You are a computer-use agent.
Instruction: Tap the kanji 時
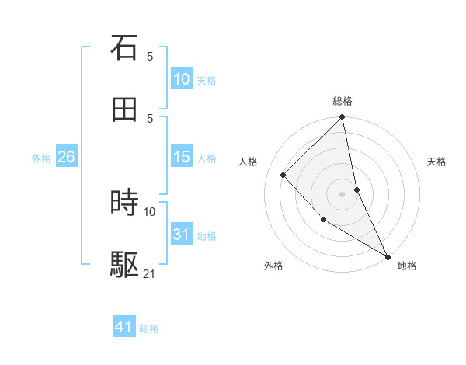[x=124, y=203]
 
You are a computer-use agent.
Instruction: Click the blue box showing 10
[x=181, y=79]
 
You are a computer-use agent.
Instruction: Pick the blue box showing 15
[x=181, y=157]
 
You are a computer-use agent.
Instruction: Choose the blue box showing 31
[x=181, y=234]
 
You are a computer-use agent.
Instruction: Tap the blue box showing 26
[x=66, y=157]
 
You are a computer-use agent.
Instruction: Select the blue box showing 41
[x=124, y=327]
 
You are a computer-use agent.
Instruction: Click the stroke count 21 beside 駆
[x=150, y=273]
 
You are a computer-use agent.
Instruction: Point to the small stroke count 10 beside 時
[x=150, y=211]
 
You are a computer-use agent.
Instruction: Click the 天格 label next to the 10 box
[x=207, y=80]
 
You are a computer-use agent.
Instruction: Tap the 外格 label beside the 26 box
[x=41, y=158]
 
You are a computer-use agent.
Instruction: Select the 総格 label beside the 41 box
[x=149, y=328]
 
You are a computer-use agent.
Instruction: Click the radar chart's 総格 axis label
[x=343, y=101]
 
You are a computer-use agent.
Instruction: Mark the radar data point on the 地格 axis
[x=388, y=256]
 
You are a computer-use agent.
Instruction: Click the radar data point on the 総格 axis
[x=343, y=118]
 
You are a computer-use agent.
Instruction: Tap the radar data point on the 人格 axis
[x=283, y=175]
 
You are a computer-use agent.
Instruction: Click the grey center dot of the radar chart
[x=343, y=193]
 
